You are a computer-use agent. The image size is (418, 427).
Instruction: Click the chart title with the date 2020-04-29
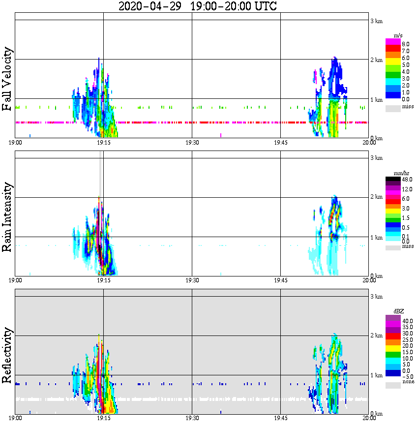[198, 7]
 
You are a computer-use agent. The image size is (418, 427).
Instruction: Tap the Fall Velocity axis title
[7, 79]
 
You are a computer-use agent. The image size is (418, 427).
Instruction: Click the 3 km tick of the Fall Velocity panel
[376, 21]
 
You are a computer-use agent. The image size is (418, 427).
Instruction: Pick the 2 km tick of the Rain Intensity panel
[376, 197]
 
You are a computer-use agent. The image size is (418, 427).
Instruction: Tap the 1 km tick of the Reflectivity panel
[376, 375]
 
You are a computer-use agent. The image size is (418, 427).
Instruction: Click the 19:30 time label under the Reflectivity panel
[192, 418]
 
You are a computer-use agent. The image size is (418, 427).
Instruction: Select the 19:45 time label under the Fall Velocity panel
[280, 143]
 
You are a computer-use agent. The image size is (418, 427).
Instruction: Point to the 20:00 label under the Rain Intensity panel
[369, 280]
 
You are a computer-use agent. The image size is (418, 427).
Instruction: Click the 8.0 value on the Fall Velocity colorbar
[406, 44]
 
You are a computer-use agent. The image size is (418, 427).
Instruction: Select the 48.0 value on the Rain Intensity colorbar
[406, 180]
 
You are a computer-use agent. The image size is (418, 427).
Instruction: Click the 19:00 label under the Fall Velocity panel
[15, 143]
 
